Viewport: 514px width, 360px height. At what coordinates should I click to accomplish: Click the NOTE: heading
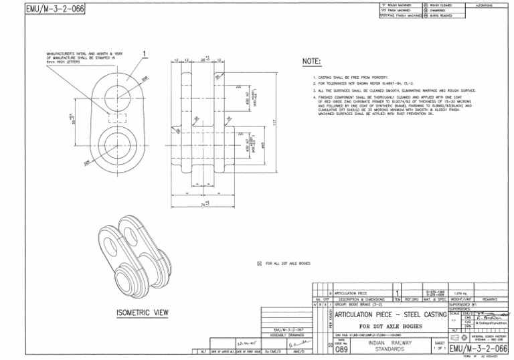(x=312, y=62)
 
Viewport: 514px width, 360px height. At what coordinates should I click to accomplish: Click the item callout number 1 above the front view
(x=145, y=54)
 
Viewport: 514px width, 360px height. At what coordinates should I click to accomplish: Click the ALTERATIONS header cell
(x=483, y=5)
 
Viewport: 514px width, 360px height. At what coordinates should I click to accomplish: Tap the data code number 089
(x=341, y=348)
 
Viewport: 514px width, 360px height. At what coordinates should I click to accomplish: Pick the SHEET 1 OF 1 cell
(x=439, y=346)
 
